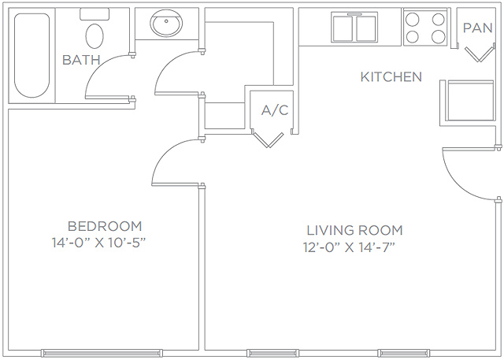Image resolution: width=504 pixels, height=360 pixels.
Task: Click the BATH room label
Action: tap(81, 60)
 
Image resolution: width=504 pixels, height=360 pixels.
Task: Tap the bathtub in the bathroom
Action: tap(31, 55)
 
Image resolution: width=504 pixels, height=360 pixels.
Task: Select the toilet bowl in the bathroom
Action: tap(94, 36)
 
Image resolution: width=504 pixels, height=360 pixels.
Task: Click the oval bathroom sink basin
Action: tap(166, 23)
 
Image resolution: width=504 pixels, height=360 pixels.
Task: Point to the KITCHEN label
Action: tap(391, 77)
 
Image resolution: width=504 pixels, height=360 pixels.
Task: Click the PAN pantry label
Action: tap(478, 28)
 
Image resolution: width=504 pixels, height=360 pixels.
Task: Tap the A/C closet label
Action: tap(275, 110)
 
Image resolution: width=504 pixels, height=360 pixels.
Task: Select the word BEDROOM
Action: tap(105, 226)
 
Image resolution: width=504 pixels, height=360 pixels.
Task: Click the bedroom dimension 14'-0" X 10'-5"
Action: tap(99, 243)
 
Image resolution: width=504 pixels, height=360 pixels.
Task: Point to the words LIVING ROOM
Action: tap(354, 230)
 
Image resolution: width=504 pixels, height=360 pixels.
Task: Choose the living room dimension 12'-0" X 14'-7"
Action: tap(349, 247)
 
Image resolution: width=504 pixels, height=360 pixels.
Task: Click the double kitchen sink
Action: tap(354, 28)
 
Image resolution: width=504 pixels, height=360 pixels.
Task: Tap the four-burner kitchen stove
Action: tap(425, 28)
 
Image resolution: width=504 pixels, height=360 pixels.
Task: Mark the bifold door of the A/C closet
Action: tap(269, 139)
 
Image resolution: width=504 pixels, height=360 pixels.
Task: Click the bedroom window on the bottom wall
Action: tap(102, 353)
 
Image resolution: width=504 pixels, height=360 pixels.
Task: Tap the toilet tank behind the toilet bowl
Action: tap(94, 14)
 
